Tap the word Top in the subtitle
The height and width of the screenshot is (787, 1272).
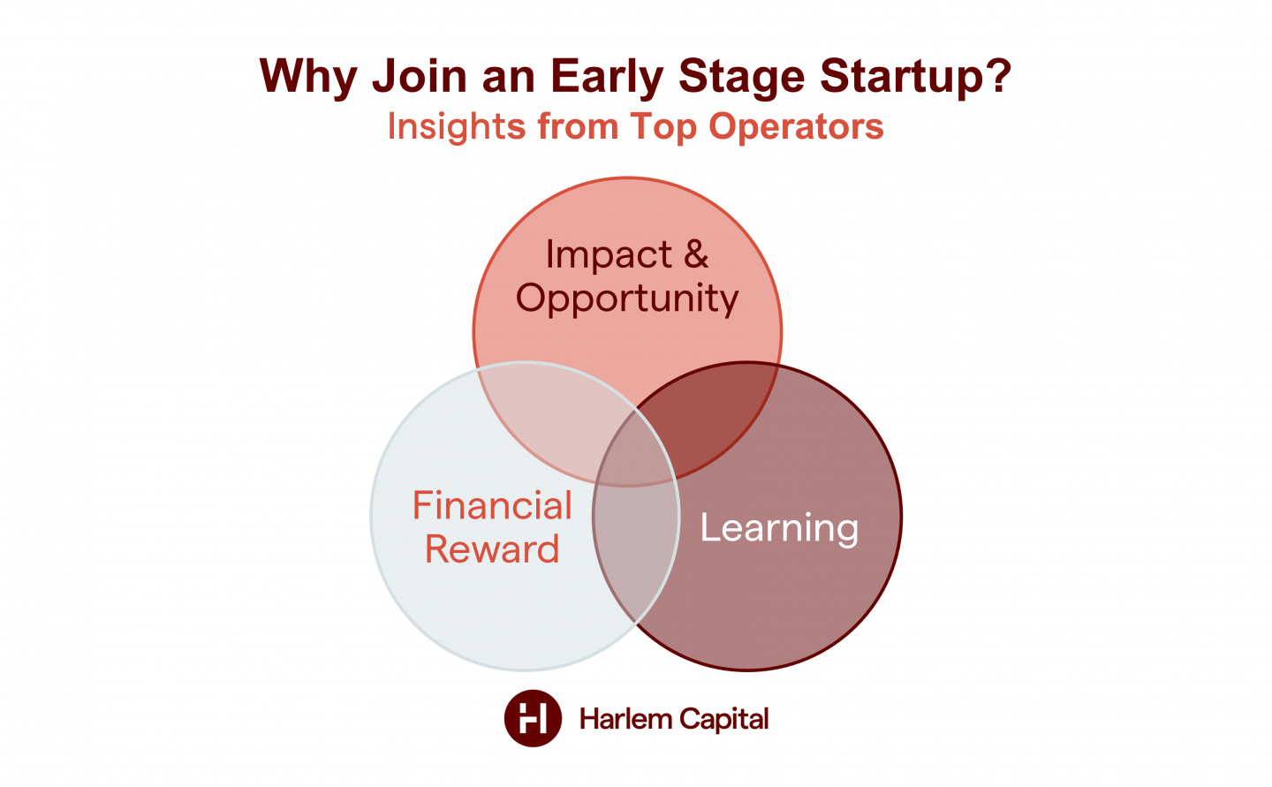663,127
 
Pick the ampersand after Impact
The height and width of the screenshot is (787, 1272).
695,254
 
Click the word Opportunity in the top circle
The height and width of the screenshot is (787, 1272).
627,299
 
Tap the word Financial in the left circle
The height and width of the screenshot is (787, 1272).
492,506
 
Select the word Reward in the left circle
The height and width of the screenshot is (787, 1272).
492,549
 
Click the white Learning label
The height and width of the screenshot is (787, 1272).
779,528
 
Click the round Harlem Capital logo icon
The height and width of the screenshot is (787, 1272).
533,718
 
